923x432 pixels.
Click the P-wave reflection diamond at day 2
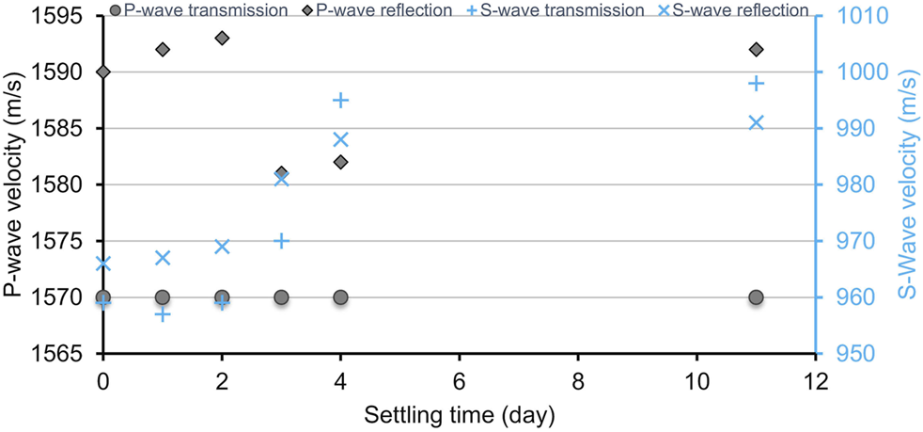[x=222, y=38]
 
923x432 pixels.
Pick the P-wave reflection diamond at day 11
[x=756, y=49]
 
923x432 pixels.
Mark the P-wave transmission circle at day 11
[x=756, y=297]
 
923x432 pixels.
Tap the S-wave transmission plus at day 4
[x=341, y=101]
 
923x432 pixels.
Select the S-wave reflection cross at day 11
[x=756, y=122]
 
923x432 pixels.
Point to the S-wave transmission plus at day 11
[x=756, y=84]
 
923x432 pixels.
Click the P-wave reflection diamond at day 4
[x=341, y=162]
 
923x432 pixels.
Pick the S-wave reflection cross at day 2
[x=222, y=247]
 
